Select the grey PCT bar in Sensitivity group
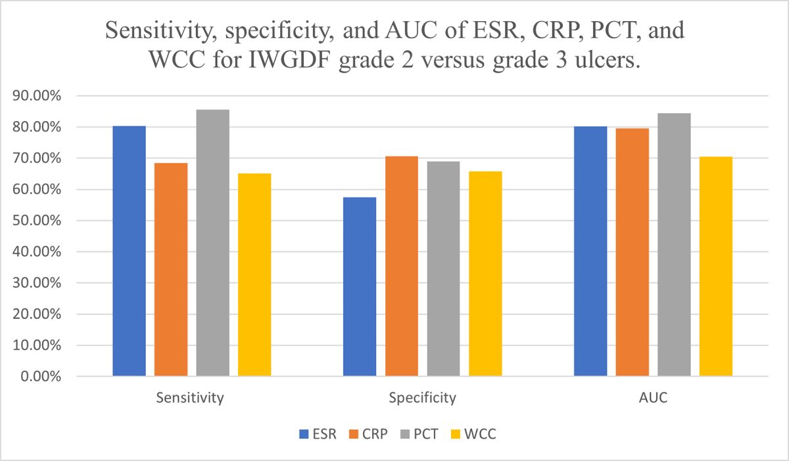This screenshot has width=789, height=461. (x=212, y=243)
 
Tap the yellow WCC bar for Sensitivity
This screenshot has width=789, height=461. (x=254, y=275)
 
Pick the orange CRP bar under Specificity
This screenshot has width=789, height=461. (x=402, y=266)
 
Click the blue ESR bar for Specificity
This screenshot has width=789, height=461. (x=360, y=287)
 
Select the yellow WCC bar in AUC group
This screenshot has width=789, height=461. (x=716, y=266)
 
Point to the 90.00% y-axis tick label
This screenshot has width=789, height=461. (x=38, y=96)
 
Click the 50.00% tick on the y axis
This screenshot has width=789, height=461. (x=38, y=221)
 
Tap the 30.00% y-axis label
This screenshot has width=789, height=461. (x=38, y=283)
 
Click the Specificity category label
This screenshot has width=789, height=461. (x=421, y=398)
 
